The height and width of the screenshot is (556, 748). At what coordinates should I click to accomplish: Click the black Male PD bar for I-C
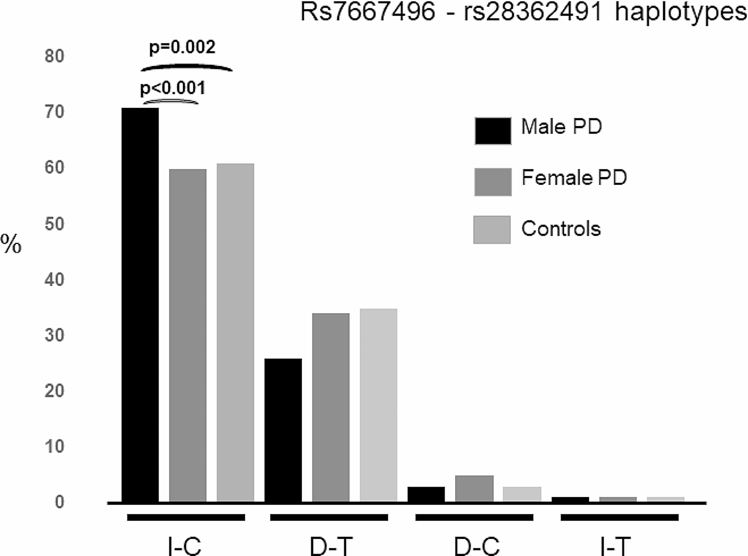pos(140,304)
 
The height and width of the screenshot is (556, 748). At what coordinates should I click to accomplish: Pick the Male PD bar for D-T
pos(283,430)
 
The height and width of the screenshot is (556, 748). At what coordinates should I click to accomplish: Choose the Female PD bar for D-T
pos(331,407)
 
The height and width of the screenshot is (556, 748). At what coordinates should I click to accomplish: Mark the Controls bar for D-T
pos(378,405)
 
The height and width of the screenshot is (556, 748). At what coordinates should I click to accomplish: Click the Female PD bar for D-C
pos(474,488)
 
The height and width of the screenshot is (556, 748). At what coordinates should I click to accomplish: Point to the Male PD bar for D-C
pos(426,494)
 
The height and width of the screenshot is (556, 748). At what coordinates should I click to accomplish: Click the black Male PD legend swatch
pos(493,131)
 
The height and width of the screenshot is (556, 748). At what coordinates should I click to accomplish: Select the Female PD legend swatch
pos(493,182)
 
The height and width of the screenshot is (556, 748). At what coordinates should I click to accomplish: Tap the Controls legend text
pos(561,229)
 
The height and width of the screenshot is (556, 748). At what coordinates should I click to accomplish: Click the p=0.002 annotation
pos(182,47)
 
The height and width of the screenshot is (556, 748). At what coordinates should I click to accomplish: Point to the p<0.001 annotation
pos(173,88)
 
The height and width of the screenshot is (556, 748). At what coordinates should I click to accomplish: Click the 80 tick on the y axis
pos(54,56)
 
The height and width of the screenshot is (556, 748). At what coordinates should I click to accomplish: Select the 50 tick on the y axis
pos(54,224)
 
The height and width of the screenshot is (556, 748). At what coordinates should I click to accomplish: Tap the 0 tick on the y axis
pos(59,502)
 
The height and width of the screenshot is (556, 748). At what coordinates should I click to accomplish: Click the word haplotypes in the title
pos(681,12)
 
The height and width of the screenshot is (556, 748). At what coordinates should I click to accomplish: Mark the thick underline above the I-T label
pos(619,517)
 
